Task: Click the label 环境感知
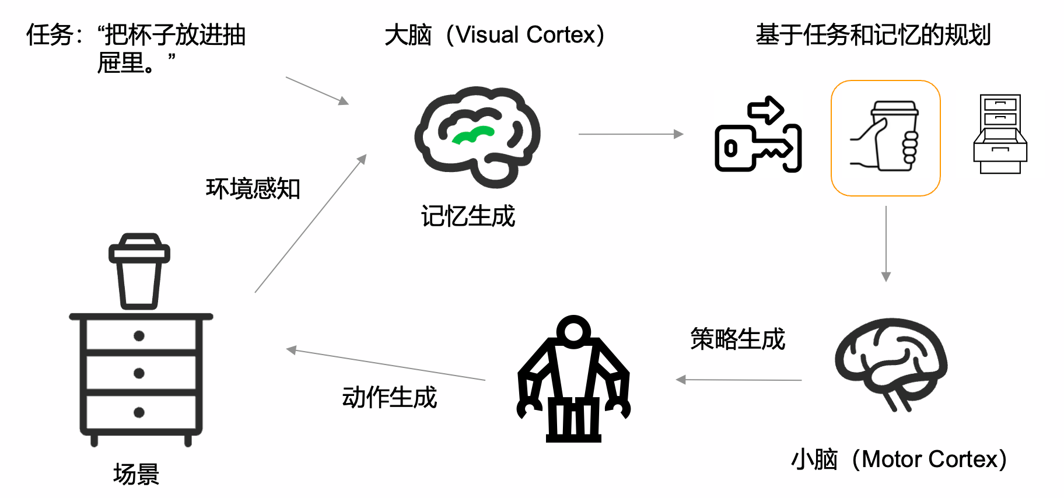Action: click(253, 189)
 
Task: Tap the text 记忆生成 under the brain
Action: click(468, 216)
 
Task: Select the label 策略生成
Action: click(737, 339)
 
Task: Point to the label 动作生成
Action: click(389, 398)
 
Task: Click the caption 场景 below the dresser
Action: click(136, 474)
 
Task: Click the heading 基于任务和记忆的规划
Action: click(873, 35)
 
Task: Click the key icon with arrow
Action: click(758, 135)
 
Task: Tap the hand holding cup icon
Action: click(885, 138)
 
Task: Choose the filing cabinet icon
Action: click(1000, 134)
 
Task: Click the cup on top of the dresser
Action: click(139, 271)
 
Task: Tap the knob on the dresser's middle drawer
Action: click(139, 373)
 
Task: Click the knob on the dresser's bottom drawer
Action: click(139, 412)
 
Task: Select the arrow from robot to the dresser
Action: click(386, 364)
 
